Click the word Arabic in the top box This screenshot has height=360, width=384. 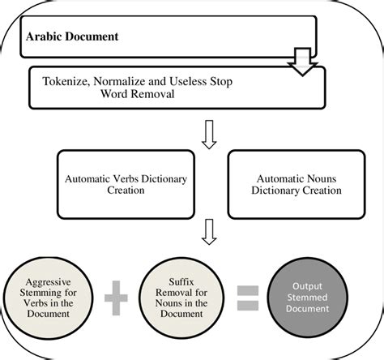pyautogui.click(x=45, y=36)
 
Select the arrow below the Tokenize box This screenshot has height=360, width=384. pyautogui.click(x=208, y=135)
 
